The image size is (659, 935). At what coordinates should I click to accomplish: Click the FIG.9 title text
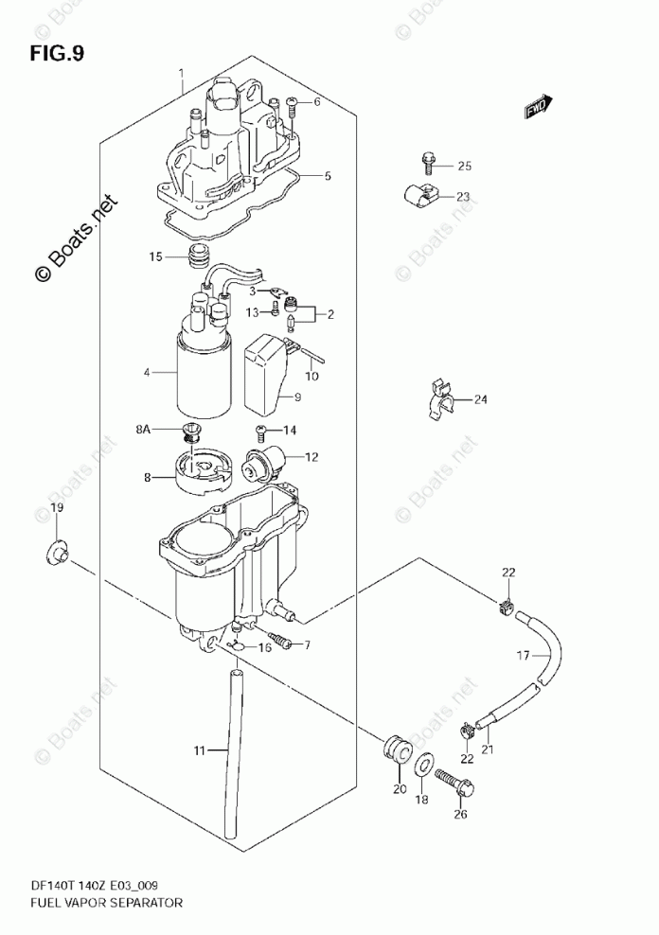click(57, 53)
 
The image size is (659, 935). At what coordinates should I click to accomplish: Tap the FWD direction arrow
click(541, 109)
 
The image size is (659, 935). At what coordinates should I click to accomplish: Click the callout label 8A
click(142, 430)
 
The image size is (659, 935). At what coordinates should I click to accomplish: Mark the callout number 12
click(311, 456)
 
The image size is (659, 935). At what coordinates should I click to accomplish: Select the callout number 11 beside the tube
click(200, 750)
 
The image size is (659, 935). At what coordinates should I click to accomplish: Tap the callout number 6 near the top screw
click(317, 101)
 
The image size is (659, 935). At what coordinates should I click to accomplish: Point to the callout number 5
click(327, 175)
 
